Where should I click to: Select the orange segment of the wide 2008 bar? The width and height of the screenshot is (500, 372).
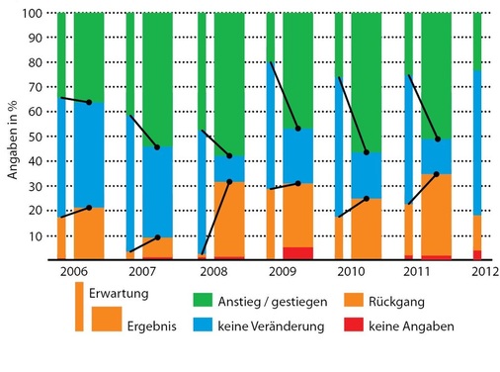(228, 219)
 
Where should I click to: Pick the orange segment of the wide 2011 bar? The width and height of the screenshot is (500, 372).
(437, 214)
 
